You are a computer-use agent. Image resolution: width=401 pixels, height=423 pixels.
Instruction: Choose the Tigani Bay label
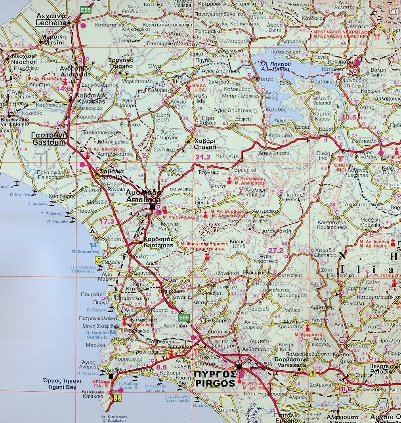(x=62, y=384)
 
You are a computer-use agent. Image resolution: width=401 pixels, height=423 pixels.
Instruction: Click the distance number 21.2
(x=203, y=157)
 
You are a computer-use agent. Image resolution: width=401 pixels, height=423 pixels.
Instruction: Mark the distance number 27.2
(x=276, y=250)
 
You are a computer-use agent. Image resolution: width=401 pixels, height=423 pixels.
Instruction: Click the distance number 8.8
(x=162, y=368)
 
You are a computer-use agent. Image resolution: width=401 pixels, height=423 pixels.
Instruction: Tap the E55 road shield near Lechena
(x=86, y=10)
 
